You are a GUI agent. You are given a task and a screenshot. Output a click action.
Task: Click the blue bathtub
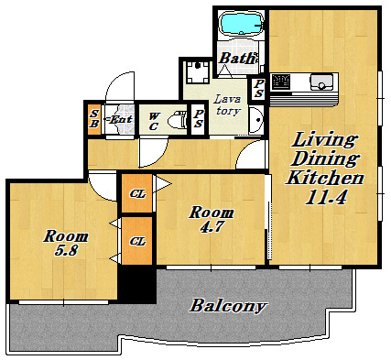click(242, 23)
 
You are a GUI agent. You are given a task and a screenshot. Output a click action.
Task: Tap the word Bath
click(237, 58)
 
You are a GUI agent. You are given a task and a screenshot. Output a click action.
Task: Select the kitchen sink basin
click(321, 82)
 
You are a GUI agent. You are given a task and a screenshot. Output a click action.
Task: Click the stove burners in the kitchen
click(281, 82)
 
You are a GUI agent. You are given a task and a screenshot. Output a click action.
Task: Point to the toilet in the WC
click(178, 121)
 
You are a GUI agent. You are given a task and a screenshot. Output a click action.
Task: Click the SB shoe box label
click(94, 119)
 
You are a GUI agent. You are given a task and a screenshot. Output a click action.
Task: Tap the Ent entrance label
click(120, 119)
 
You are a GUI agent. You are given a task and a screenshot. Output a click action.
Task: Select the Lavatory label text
click(227, 104)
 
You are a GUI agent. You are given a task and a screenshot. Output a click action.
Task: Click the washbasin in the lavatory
click(255, 120)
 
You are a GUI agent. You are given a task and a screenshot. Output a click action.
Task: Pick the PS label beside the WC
click(198, 118)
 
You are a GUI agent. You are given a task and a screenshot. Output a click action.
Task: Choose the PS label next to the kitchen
click(258, 88)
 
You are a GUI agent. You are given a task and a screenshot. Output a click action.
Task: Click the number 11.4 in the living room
click(326, 198)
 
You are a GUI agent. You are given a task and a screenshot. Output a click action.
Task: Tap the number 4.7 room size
click(212, 226)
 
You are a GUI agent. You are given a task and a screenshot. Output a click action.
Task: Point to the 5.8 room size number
click(66, 250)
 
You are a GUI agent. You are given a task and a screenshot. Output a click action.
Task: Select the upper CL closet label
click(137, 193)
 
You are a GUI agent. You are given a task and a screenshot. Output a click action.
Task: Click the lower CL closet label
click(137, 241)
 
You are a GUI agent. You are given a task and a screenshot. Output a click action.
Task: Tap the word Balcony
click(228, 306)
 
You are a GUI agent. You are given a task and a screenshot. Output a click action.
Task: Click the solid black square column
click(137, 285)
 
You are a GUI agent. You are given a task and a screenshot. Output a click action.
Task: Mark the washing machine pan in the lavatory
click(198, 72)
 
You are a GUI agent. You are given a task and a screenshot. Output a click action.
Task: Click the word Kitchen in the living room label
click(324, 178)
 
